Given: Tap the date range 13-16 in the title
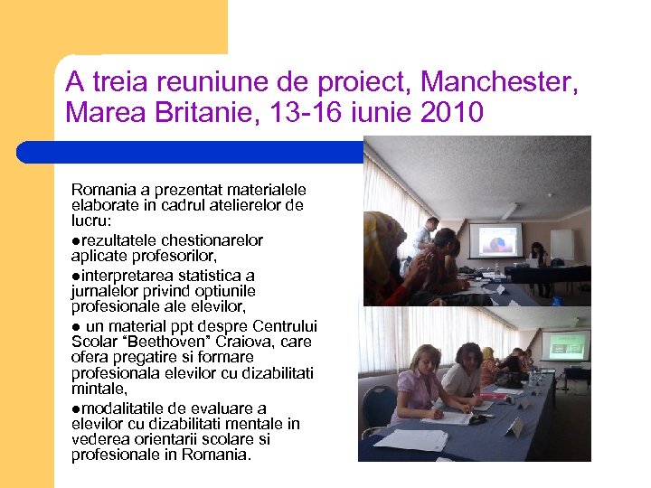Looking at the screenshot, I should click(300, 114).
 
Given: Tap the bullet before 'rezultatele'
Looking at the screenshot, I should click(75, 240).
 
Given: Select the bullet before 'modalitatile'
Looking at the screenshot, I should click(75, 408).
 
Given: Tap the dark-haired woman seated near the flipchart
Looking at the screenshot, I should click(540, 255).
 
